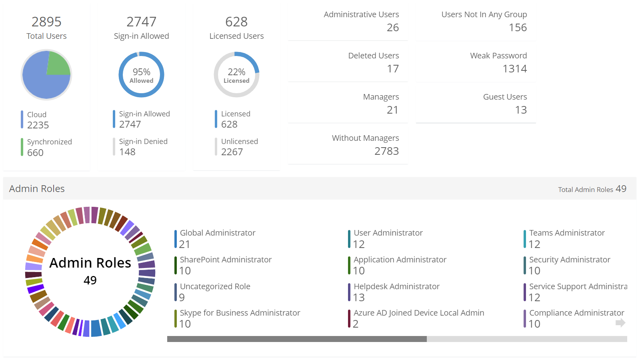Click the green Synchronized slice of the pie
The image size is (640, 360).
tap(57, 64)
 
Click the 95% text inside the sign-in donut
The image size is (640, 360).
tap(142, 72)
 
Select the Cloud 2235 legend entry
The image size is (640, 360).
tap(38, 120)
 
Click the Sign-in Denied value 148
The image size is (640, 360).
tap(127, 152)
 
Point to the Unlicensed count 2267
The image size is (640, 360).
tap(232, 152)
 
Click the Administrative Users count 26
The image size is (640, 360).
tap(392, 28)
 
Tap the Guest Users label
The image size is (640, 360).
tap(505, 97)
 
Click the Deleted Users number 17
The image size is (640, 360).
tap(392, 69)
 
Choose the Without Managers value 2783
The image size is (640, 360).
tap(386, 151)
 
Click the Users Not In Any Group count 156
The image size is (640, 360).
tap(518, 28)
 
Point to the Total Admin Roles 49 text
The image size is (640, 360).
tap(592, 189)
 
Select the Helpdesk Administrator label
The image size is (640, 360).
tap(396, 286)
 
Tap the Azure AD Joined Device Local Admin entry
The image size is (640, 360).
tap(418, 313)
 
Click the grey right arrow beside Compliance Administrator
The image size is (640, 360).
tap(620, 323)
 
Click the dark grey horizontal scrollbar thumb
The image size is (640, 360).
tap(297, 339)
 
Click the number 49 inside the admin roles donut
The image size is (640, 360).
tap(90, 280)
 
